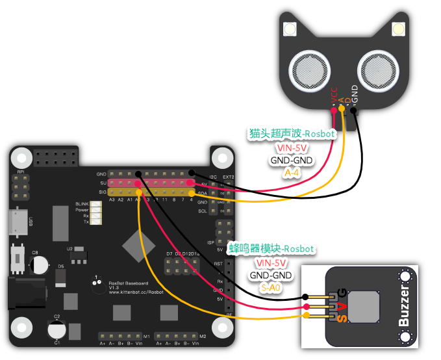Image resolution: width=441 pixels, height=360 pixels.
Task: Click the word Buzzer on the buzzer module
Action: [x=404, y=306]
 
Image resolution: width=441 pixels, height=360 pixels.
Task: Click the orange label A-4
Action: [x=292, y=174]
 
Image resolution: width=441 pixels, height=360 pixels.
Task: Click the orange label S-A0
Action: [x=271, y=287]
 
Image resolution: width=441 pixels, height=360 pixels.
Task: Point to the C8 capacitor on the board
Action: [x=40, y=263]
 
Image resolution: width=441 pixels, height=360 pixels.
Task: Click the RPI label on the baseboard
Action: [x=20, y=172]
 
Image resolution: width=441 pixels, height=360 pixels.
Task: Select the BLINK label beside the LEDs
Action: [x=82, y=204]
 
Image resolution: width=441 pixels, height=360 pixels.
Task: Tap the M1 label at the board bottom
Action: [x=147, y=336]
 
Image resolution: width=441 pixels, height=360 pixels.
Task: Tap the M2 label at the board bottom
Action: [x=203, y=336]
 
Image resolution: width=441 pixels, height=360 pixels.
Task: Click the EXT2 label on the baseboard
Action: [x=228, y=177]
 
